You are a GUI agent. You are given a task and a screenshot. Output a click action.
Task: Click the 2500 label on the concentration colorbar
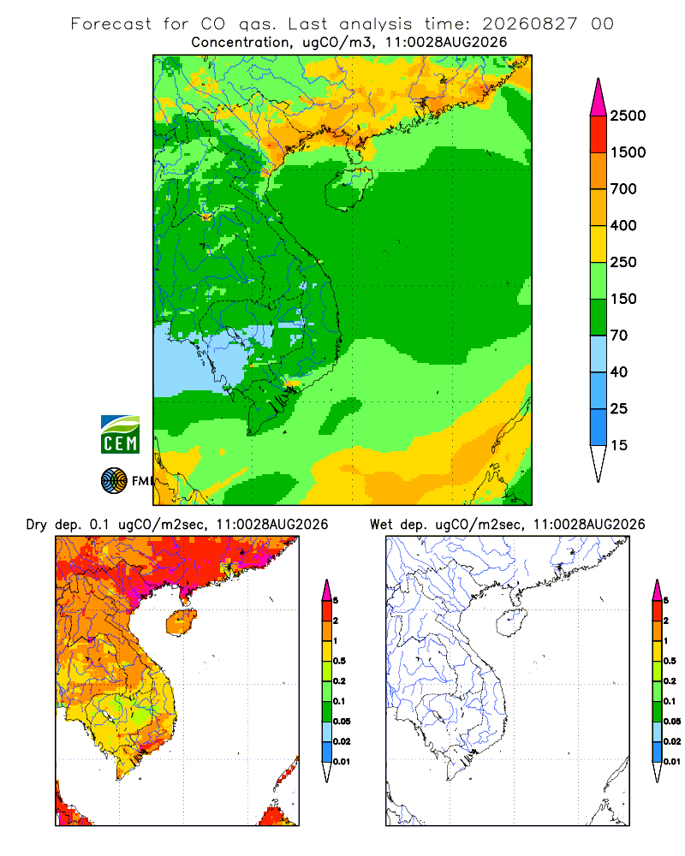point(628,116)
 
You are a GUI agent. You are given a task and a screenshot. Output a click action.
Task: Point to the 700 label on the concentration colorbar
point(623,189)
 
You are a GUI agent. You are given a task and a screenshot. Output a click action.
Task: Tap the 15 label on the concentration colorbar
point(619,445)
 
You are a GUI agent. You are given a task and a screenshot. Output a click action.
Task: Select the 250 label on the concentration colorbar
point(623,262)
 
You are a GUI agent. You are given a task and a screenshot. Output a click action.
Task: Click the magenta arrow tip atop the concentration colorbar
point(599,98)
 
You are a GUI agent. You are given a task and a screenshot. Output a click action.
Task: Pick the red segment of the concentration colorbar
point(599,134)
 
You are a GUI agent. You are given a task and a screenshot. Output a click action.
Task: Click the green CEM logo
point(120,435)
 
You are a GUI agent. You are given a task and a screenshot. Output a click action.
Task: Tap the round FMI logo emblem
point(114,481)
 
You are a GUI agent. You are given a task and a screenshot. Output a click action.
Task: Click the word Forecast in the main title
point(111,24)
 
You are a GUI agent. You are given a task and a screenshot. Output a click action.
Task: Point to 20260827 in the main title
point(529,24)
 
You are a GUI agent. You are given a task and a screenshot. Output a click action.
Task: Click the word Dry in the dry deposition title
point(37,525)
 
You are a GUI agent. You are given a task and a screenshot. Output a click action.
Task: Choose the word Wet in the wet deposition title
point(381,525)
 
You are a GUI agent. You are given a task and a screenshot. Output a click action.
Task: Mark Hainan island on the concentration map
point(348,188)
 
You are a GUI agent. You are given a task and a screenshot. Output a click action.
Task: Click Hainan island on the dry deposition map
point(182,622)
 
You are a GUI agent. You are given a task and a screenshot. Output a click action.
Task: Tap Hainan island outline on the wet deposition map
point(512,622)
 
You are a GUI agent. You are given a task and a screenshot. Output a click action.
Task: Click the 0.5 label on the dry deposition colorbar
point(339,661)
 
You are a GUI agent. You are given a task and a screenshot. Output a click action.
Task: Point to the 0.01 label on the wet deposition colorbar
point(672,762)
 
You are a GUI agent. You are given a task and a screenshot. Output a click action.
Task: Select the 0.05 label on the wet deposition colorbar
point(672,721)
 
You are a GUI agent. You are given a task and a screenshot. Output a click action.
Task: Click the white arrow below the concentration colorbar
point(599,461)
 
